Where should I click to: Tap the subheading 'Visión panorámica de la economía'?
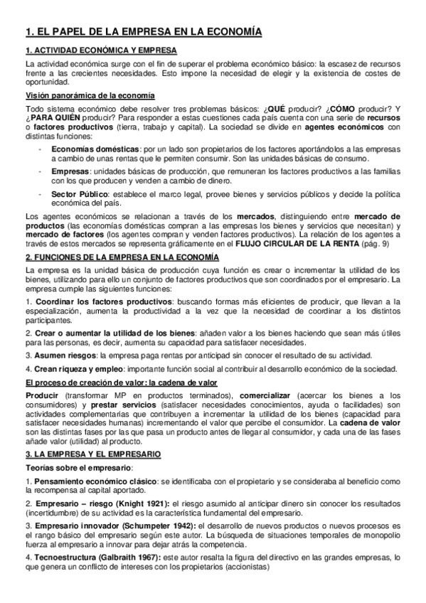[x=90, y=95]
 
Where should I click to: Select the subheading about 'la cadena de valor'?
[x=131, y=382]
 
